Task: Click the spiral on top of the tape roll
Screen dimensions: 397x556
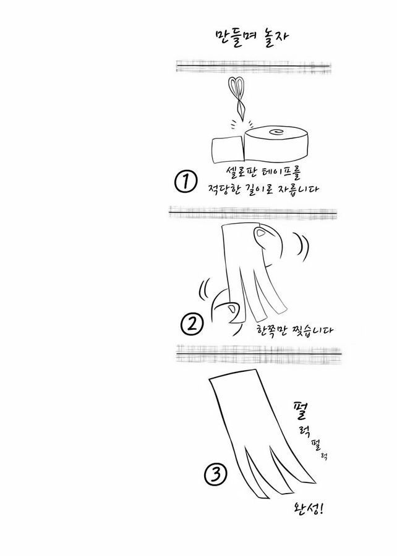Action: (276, 132)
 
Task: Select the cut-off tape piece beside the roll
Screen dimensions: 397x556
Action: (228, 150)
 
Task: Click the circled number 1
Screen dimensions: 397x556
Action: (186, 182)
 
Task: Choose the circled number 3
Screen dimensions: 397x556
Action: (215, 474)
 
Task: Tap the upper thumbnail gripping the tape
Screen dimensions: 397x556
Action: (262, 233)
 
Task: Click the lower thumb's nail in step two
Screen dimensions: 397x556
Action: (234, 308)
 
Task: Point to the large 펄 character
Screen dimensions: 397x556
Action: (300, 411)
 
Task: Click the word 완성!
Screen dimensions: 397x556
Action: (309, 509)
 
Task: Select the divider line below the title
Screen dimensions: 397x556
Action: (254, 66)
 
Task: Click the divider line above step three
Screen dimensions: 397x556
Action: (259, 354)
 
